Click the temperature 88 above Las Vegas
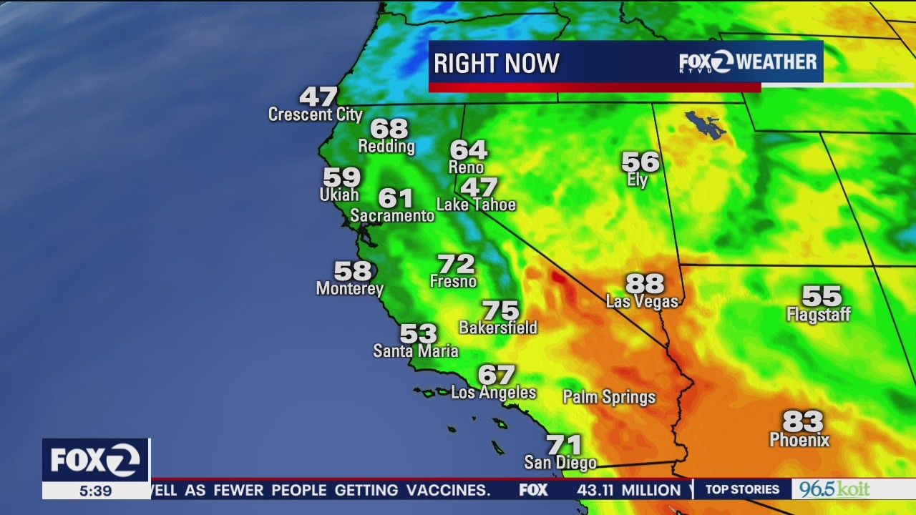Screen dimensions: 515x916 pos(645,283)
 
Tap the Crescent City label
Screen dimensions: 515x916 pos(315,114)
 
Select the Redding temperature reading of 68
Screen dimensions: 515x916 pos(389,129)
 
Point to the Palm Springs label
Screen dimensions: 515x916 pos(609,397)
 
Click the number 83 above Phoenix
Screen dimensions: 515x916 pos(802,421)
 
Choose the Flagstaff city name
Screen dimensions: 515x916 pos(819,314)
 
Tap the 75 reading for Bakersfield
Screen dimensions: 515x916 pos(500,311)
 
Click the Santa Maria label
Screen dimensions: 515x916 pos(415,351)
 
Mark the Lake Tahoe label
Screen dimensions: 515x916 pos(476,205)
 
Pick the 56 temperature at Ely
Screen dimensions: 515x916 pos(640,162)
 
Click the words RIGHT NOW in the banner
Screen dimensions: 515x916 pos(496,64)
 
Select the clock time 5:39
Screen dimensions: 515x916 pos(95,491)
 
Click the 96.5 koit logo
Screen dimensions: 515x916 pos(834,489)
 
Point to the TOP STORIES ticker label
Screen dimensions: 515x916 pos(742,489)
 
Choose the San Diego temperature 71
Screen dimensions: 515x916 pos(563,445)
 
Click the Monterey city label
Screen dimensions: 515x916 pos(350,289)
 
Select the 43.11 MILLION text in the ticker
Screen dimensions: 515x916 pos(629,490)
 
